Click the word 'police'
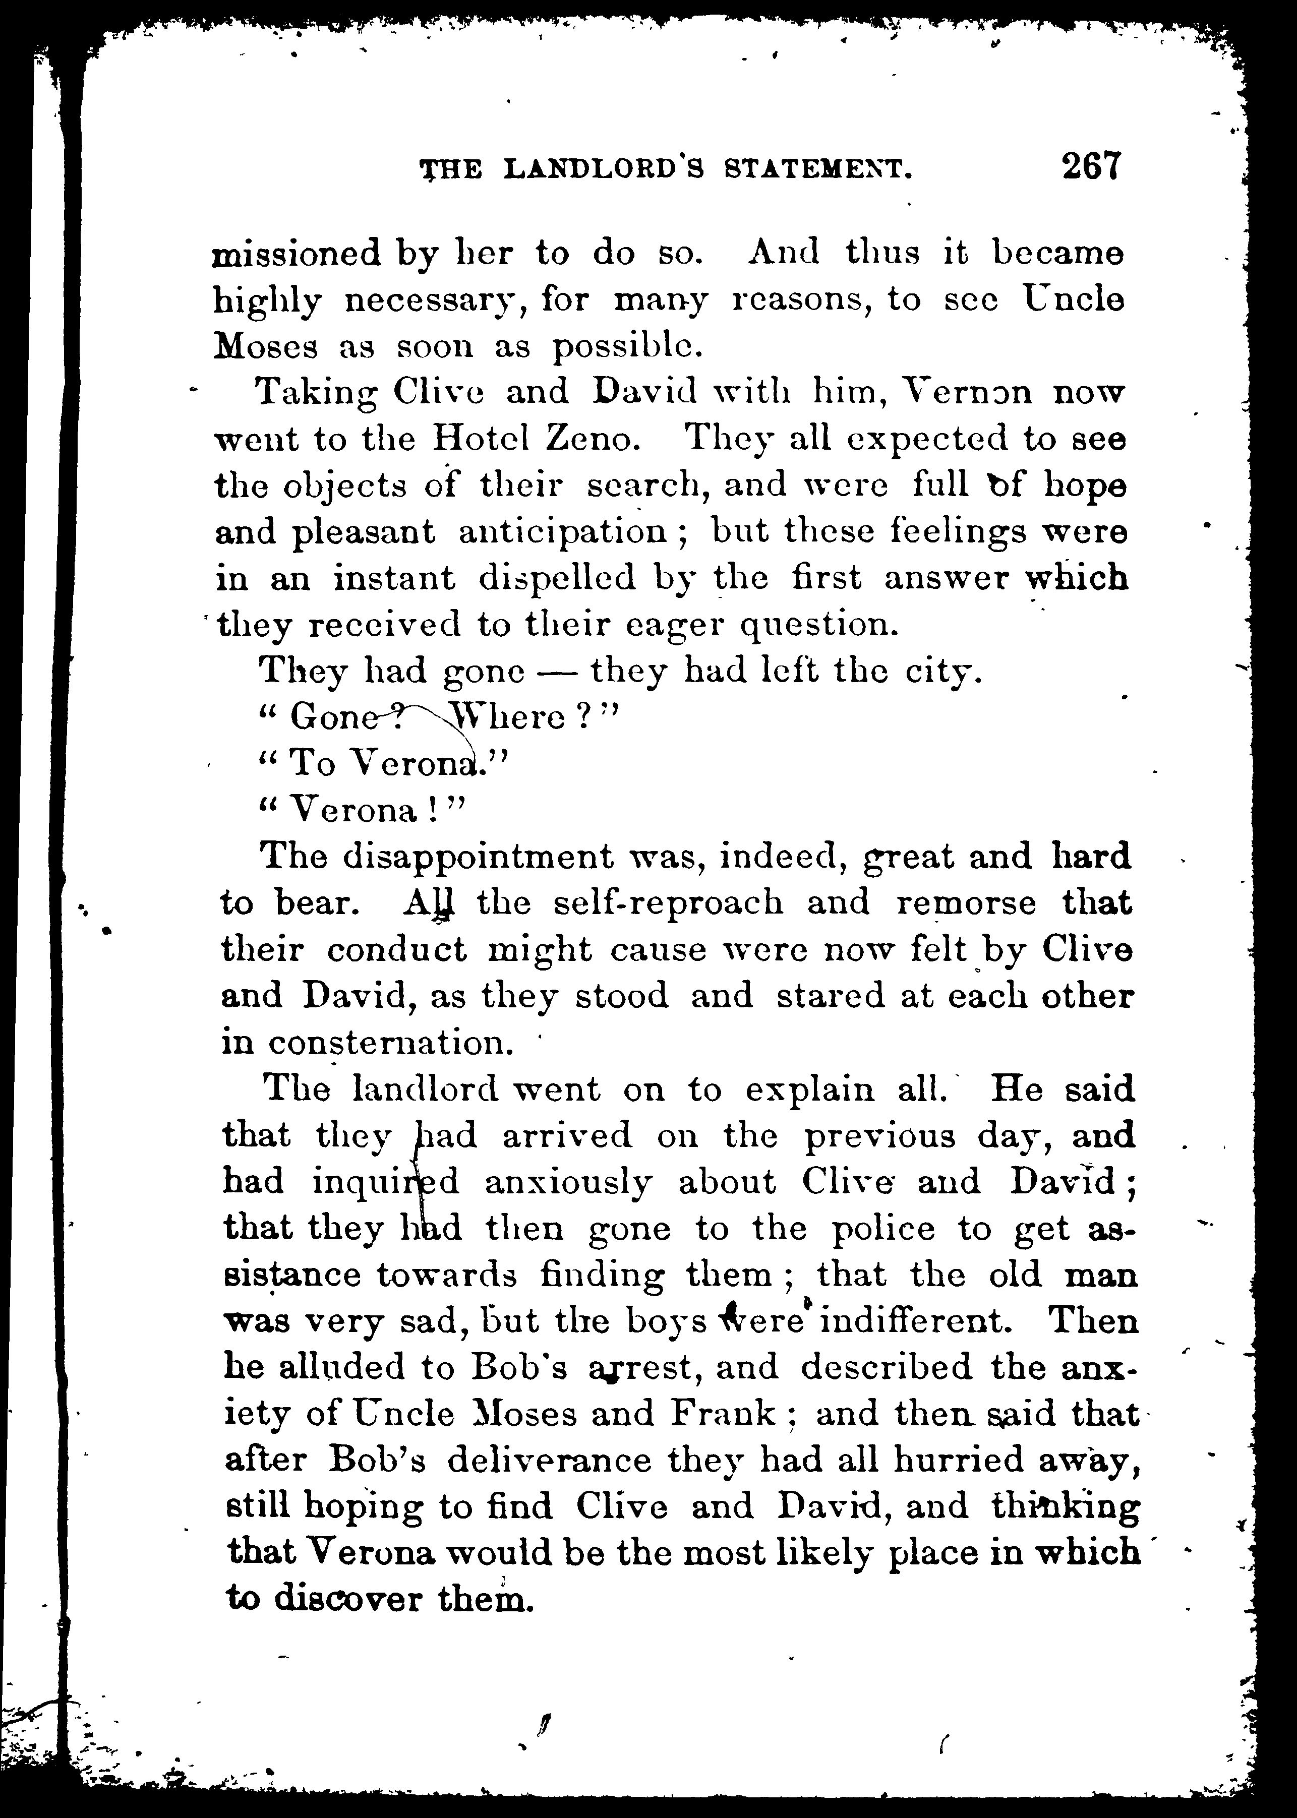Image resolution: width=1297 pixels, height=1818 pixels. point(882,1229)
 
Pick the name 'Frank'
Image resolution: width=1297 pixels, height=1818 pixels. point(724,1414)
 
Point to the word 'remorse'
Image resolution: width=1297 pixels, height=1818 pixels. point(966,903)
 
